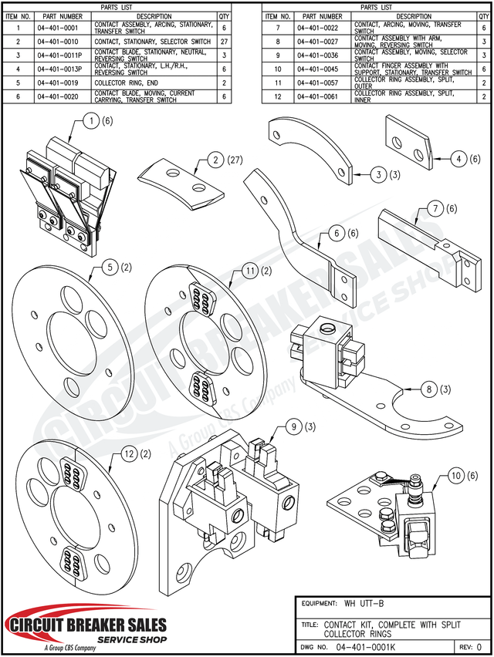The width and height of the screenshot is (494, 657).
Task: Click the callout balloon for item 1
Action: click(92, 121)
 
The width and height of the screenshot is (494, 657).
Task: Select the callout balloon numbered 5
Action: click(110, 268)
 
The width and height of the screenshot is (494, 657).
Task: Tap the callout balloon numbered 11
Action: click(249, 271)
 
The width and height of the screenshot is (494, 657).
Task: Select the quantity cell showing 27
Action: click(224, 42)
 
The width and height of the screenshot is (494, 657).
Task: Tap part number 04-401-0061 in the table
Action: click(320, 96)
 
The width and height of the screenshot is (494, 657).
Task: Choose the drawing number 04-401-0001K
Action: click(370, 649)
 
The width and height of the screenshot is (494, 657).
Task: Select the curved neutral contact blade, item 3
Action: click(310, 150)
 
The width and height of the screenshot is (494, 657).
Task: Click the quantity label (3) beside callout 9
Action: click(310, 426)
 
